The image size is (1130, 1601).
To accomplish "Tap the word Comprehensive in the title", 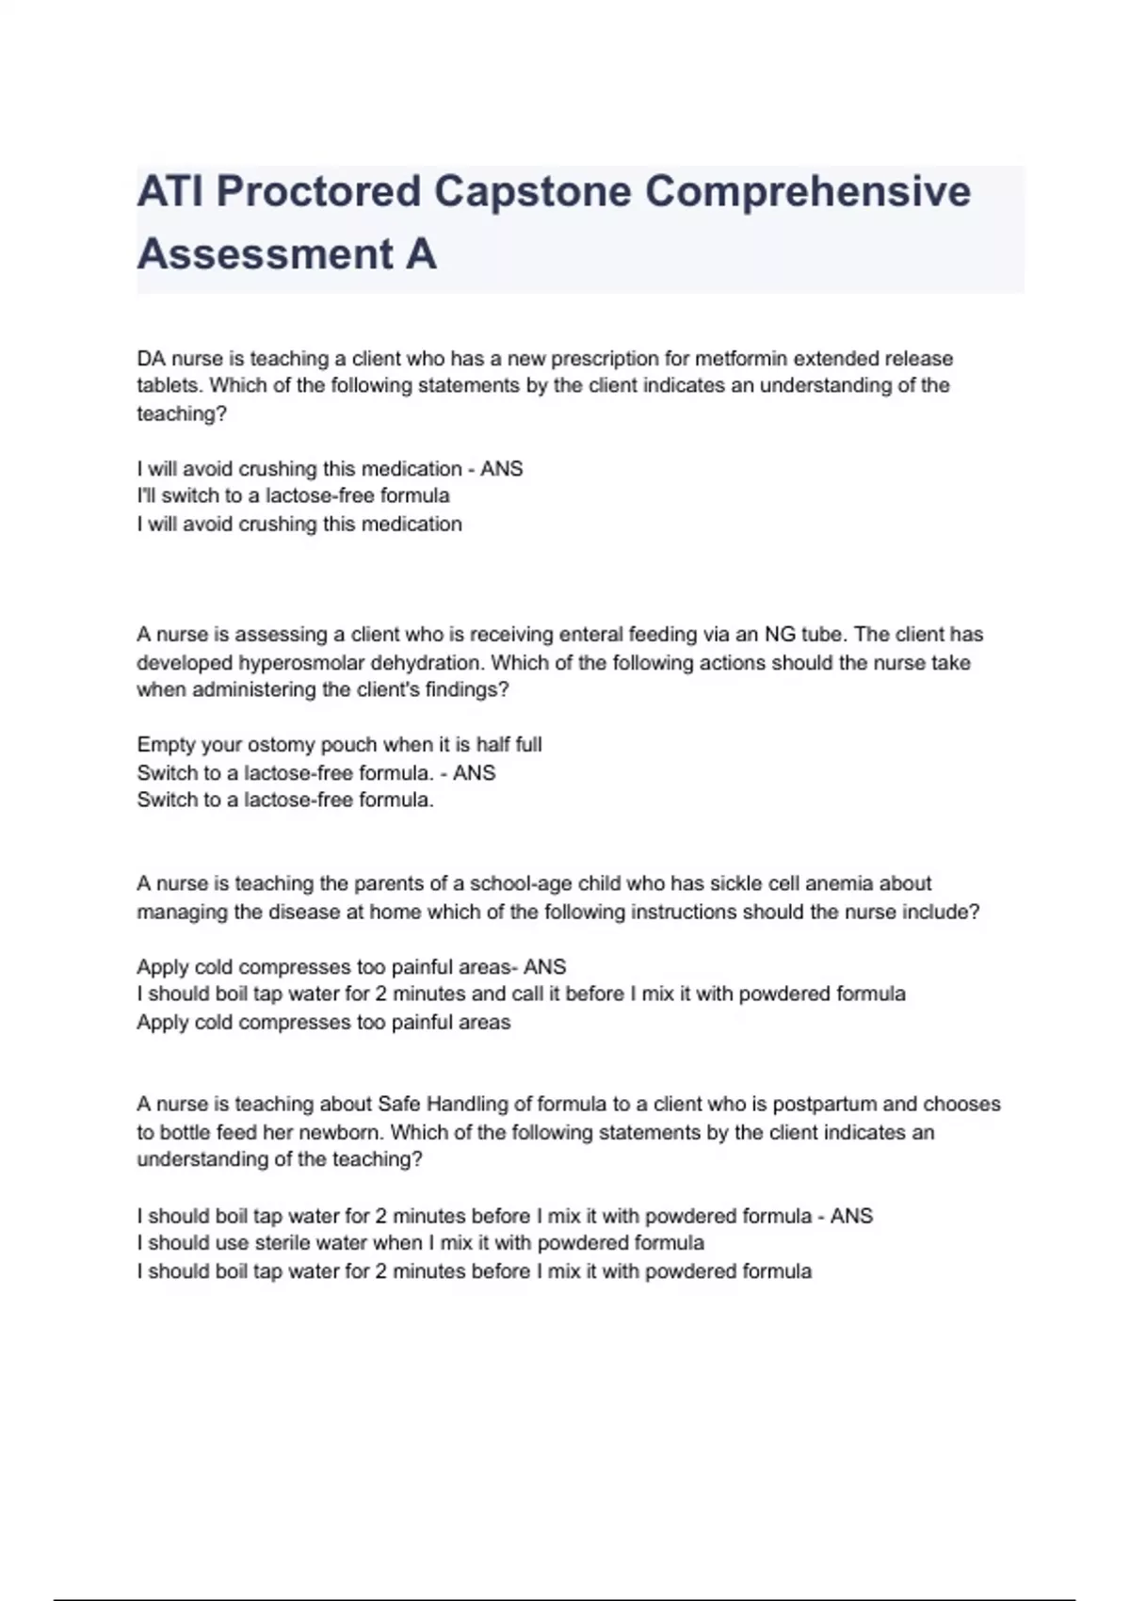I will (808, 191).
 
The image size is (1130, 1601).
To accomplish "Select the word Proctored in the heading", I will (318, 191).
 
